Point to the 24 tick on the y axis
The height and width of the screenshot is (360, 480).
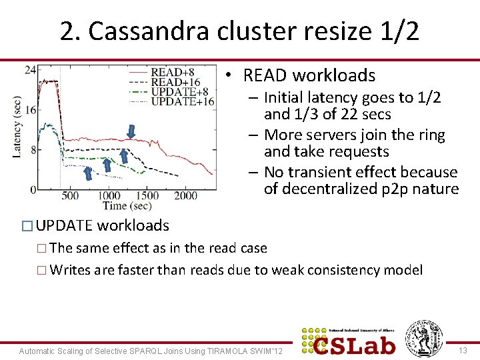30,70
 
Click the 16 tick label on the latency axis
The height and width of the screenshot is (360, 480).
30,110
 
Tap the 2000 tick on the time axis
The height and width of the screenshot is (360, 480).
187,195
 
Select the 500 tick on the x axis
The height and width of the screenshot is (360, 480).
69,195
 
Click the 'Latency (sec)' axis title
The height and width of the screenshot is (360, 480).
17,127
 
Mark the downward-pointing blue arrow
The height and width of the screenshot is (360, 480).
131,132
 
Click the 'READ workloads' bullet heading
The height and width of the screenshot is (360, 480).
309,75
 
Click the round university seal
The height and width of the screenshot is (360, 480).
424,338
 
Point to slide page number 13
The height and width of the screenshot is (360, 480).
464,351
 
